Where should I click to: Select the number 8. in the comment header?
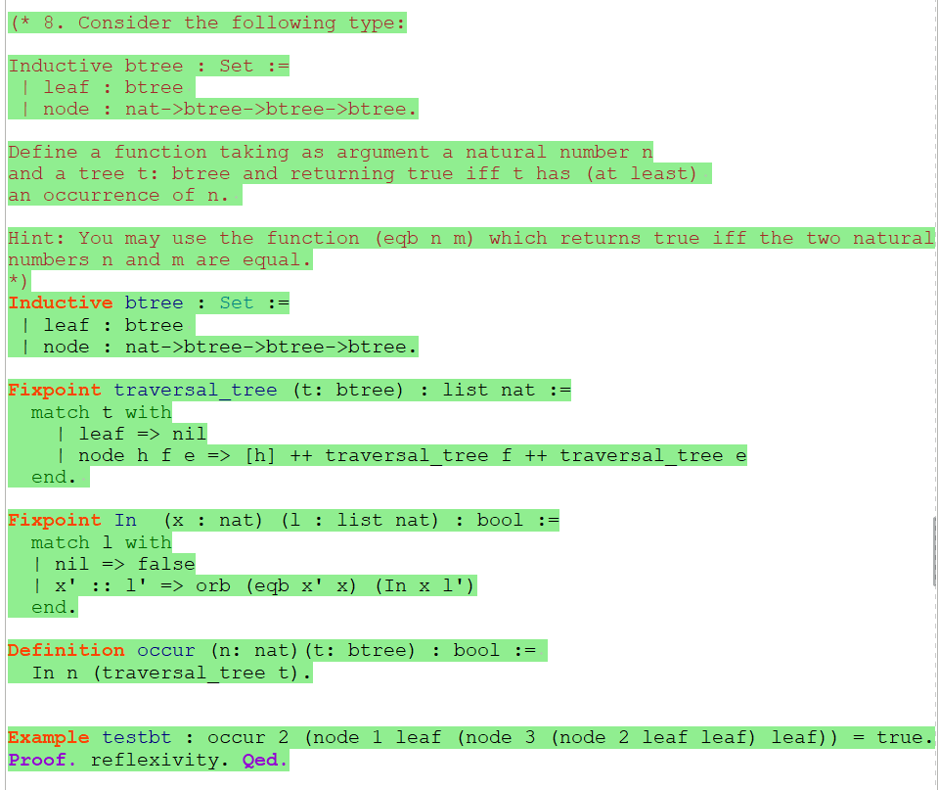(x=54, y=23)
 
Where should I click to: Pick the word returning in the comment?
(x=342, y=173)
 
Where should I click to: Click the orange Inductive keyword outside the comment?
(x=61, y=302)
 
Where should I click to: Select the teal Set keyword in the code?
(x=237, y=302)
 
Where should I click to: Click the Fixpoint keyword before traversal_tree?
(x=55, y=390)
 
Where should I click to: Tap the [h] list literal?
(x=260, y=455)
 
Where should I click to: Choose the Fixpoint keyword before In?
(x=55, y=520)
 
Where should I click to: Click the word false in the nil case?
(x=166, y=564)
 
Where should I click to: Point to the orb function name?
(x=213, y=585)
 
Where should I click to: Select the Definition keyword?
(x=67, y=650)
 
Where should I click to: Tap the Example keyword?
(x=49, y=737)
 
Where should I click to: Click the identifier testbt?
(x=137, y=737)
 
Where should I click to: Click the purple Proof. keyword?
(x=43, y=760)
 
